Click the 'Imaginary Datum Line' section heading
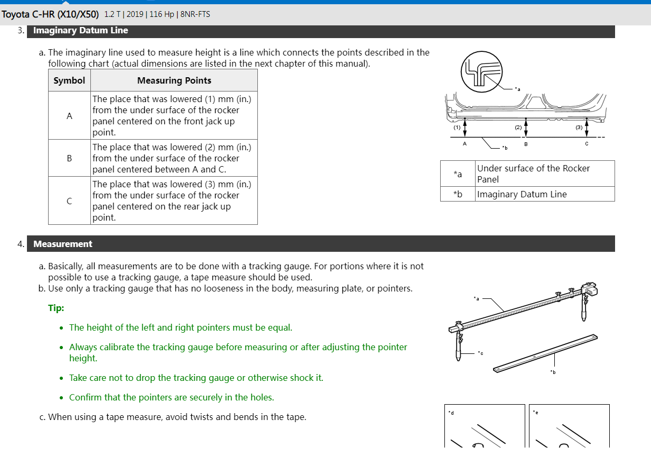click(x=80, y=31)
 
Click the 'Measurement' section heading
click(x=62, y=244)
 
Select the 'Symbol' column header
click(x=69, y=80)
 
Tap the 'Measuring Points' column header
click(x=174, y=80)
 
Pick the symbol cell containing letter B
click(x=69, y=158)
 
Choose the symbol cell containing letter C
click(x=69, y=201)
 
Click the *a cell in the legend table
click(x=458, y=174)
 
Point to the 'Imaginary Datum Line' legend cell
click(x=522, y=194)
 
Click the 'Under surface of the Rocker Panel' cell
click(x=533, y=174)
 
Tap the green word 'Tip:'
click(x=56, y=308)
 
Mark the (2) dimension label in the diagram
click(x=518, y=127)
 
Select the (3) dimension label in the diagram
click(x=579, y=127)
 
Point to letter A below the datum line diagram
click(x=464, y=144)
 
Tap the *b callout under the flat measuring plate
click(x=553, y=372)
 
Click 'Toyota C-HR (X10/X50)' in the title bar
click(x=50, y=14)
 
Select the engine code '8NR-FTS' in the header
click(x=195, y=14)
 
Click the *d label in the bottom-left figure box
click(x=451, y=412)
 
